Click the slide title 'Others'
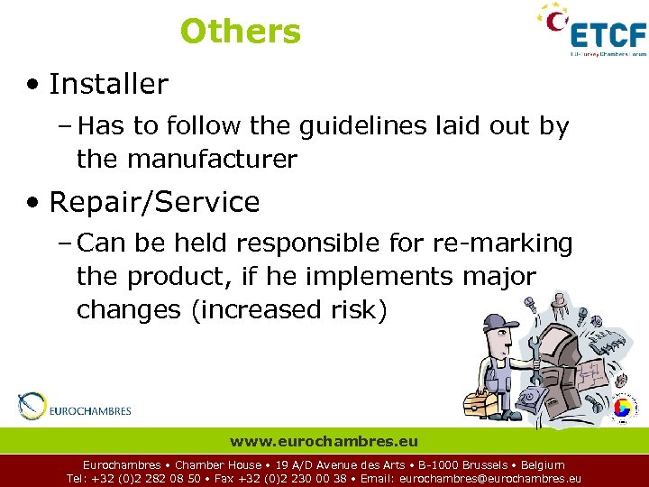coord(240,32)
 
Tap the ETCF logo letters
coord(609,35)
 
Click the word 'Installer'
coord(108,85)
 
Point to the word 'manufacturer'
coord(212,160)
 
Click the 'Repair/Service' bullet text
coord(154,202)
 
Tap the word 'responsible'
coord(289,243)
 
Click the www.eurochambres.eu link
coord(324,442)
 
